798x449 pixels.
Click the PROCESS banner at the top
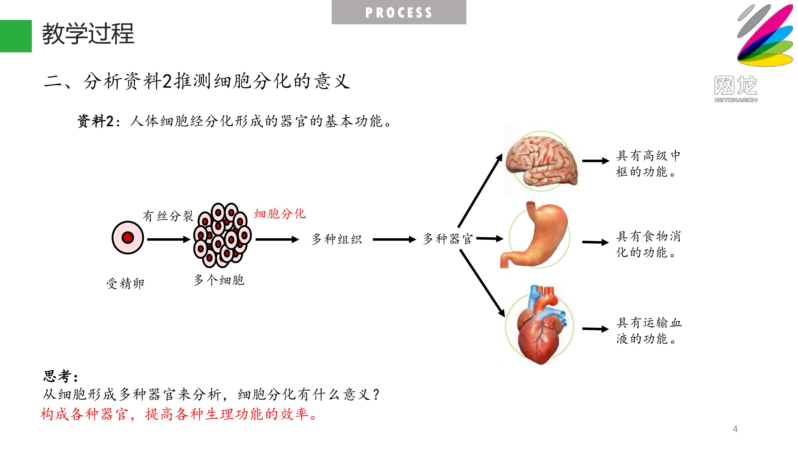[399, 12]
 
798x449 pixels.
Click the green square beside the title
[16, 36]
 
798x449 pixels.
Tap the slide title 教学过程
[88, 33]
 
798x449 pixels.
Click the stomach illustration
[535, 234]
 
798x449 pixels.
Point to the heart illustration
[539, 325]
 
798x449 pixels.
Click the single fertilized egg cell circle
[128, 238]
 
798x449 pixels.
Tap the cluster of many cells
[222, 235]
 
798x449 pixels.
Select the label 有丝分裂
[168, 216]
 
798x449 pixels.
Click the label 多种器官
[448, 239]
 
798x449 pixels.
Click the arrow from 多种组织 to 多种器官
[394, 239]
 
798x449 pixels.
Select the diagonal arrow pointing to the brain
[480, 191]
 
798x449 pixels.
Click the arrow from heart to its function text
[596, 329]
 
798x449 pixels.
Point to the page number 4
[735, 429]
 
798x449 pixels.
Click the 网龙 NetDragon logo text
[736, 89]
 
